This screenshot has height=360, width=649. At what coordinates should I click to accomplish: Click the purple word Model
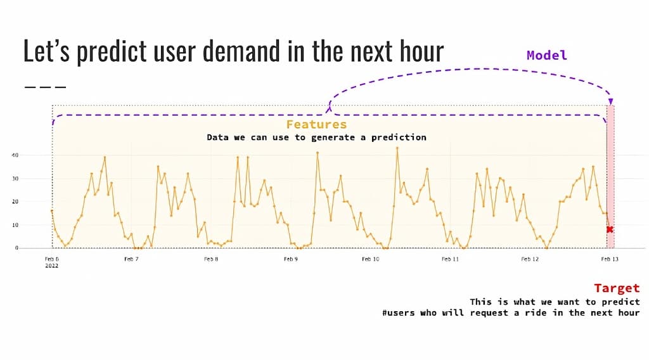click(546, 55)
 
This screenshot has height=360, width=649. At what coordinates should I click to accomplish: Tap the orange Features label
click(316, 125)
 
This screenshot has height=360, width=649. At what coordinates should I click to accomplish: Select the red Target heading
click(616, 288)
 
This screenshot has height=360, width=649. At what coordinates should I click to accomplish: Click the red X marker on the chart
click(610, 229)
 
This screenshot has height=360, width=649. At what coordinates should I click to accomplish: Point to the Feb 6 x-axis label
click(52, 259)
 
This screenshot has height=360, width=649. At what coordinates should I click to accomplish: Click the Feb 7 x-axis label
click(131, 259)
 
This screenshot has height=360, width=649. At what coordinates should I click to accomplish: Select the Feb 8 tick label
click(211, 259)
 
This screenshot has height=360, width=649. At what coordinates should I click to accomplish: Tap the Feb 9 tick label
click(290, 259)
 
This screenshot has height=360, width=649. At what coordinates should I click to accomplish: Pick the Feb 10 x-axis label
click(371, 259)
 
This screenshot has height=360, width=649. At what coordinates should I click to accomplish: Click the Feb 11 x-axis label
click(451, 259)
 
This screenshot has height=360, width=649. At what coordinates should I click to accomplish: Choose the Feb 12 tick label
click(530, 259)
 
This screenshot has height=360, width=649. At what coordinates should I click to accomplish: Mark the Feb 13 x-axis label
click(610, 259)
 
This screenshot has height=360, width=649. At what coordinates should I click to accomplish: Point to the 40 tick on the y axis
click(15, 155)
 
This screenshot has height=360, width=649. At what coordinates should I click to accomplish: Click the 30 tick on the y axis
click(15, 179)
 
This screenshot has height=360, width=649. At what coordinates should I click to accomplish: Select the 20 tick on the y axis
click(15, 202)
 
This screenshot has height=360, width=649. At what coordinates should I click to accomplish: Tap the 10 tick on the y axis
click(15, 225)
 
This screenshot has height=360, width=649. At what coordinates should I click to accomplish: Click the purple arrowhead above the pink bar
click(610, 101)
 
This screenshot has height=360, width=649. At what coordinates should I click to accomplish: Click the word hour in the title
click(417, 51)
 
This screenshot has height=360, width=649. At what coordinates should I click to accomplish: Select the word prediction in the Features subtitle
click(399, 138)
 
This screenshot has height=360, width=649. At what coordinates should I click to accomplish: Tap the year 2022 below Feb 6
click(51, 266)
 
